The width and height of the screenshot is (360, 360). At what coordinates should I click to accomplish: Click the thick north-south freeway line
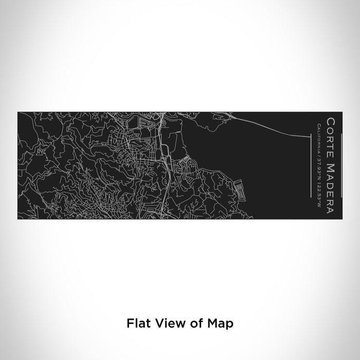pos(163,154)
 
